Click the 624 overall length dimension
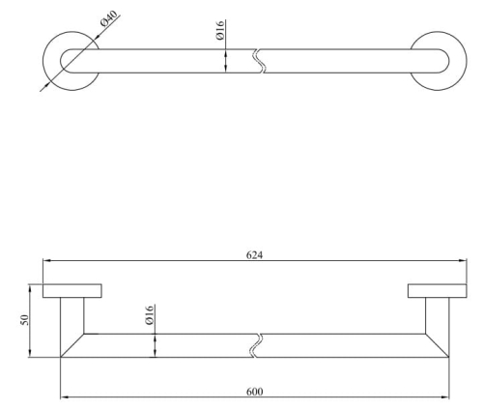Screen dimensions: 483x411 (254, 255)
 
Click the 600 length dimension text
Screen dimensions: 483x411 (254, 392)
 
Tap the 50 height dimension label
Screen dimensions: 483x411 (24, 320)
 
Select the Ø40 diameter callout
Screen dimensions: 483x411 (108, 18)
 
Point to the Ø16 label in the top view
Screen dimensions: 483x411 (220, 30)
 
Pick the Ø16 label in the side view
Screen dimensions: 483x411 (150, 315)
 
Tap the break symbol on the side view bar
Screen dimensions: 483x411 (257, 345)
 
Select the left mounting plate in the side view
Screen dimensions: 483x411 (72, 291)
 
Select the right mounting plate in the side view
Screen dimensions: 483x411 (438, 291)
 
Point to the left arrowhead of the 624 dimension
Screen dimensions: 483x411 (46, 260)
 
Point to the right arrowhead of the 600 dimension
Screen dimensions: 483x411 (445, 396)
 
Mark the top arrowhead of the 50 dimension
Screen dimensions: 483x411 (30, 288)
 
